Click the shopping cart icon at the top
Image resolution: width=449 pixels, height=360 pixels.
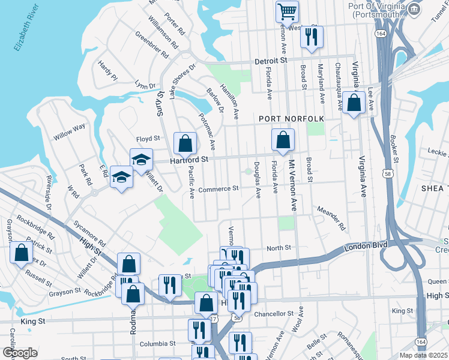[287, 11]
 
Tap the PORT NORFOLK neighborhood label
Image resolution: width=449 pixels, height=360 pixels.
[291, 119]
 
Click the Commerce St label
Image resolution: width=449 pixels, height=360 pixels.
[218, 188]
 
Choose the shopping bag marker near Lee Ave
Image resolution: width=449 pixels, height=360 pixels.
[354, 103]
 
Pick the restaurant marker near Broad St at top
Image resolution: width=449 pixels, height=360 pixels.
[311, 36]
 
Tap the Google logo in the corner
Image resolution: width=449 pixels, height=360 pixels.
[20, 353]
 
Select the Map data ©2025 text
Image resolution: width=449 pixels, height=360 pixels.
[423, 355]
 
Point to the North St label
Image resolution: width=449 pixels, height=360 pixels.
[279, 247]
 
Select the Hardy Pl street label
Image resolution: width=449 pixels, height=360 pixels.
[108, 70]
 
